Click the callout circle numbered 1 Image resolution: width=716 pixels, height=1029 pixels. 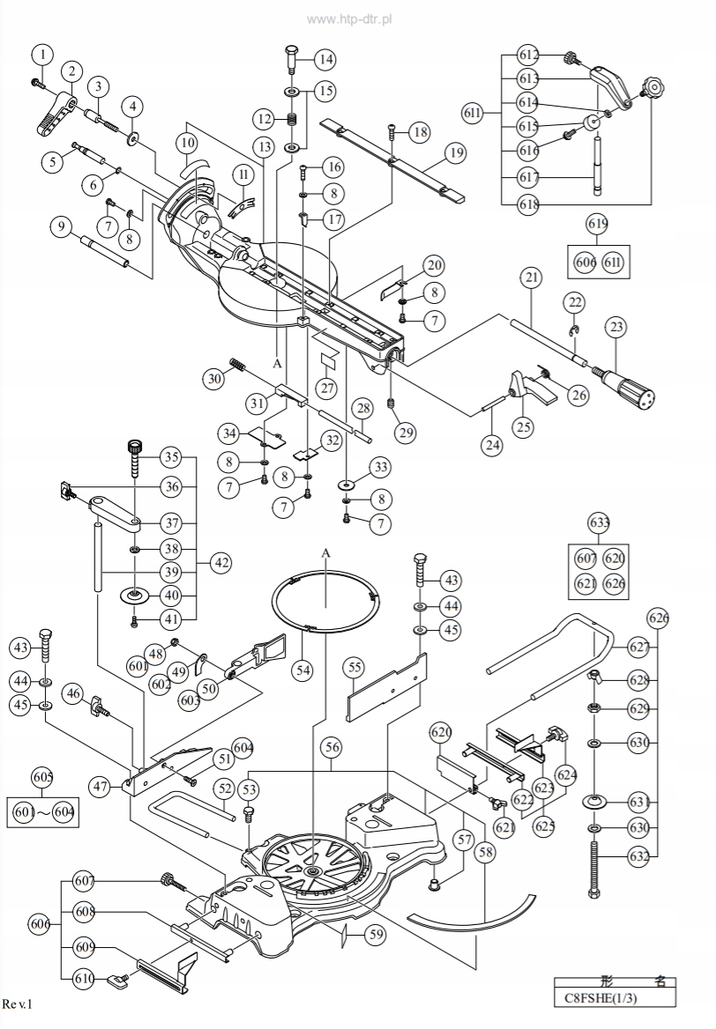[x=42, y=56]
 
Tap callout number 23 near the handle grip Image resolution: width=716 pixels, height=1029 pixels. [x=615, y=328]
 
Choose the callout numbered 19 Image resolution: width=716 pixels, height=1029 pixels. [x=455, y=152]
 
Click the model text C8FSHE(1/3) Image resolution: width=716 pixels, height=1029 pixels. [x=615, y=1000]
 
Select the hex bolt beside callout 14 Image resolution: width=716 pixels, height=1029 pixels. [x=291, y=60]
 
